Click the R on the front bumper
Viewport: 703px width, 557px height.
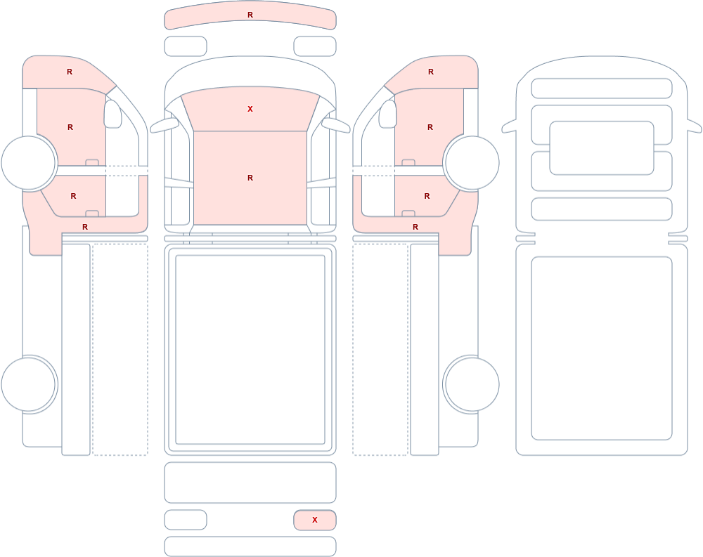coord(250,15)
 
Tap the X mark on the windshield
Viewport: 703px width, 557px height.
coord(250,109)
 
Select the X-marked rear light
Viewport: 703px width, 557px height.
coord(315,520)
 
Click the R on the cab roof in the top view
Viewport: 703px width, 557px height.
coord(250,178)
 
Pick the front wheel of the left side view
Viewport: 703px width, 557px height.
coord(29,163)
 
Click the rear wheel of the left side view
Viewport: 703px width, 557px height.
coord(29,384)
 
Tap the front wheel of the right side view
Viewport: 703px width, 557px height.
coord(471,163)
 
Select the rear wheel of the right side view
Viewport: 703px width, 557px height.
coord(471,384)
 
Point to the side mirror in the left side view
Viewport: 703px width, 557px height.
coord(112,114)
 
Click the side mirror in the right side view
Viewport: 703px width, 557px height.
coord(388,114)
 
